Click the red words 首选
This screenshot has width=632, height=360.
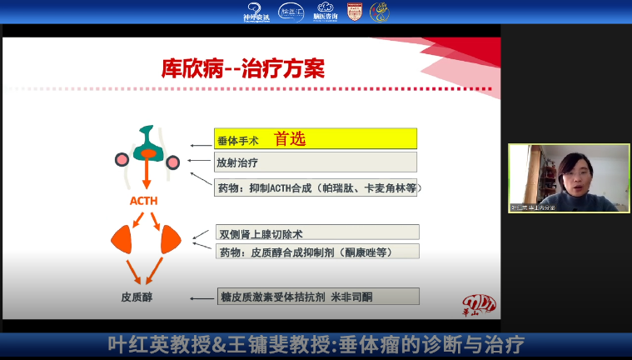291,139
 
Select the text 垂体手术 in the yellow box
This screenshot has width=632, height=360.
237,140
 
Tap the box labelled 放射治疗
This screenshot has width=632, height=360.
316,162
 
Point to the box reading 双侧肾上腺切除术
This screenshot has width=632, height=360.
316,232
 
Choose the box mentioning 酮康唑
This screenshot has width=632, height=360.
316,252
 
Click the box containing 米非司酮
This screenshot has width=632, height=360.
316,296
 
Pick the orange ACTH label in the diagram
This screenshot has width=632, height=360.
144,201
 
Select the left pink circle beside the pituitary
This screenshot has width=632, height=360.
122,159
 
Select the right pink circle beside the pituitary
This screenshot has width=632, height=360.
173,162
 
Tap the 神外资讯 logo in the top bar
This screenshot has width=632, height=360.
256,12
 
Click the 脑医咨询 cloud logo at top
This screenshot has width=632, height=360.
326,12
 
